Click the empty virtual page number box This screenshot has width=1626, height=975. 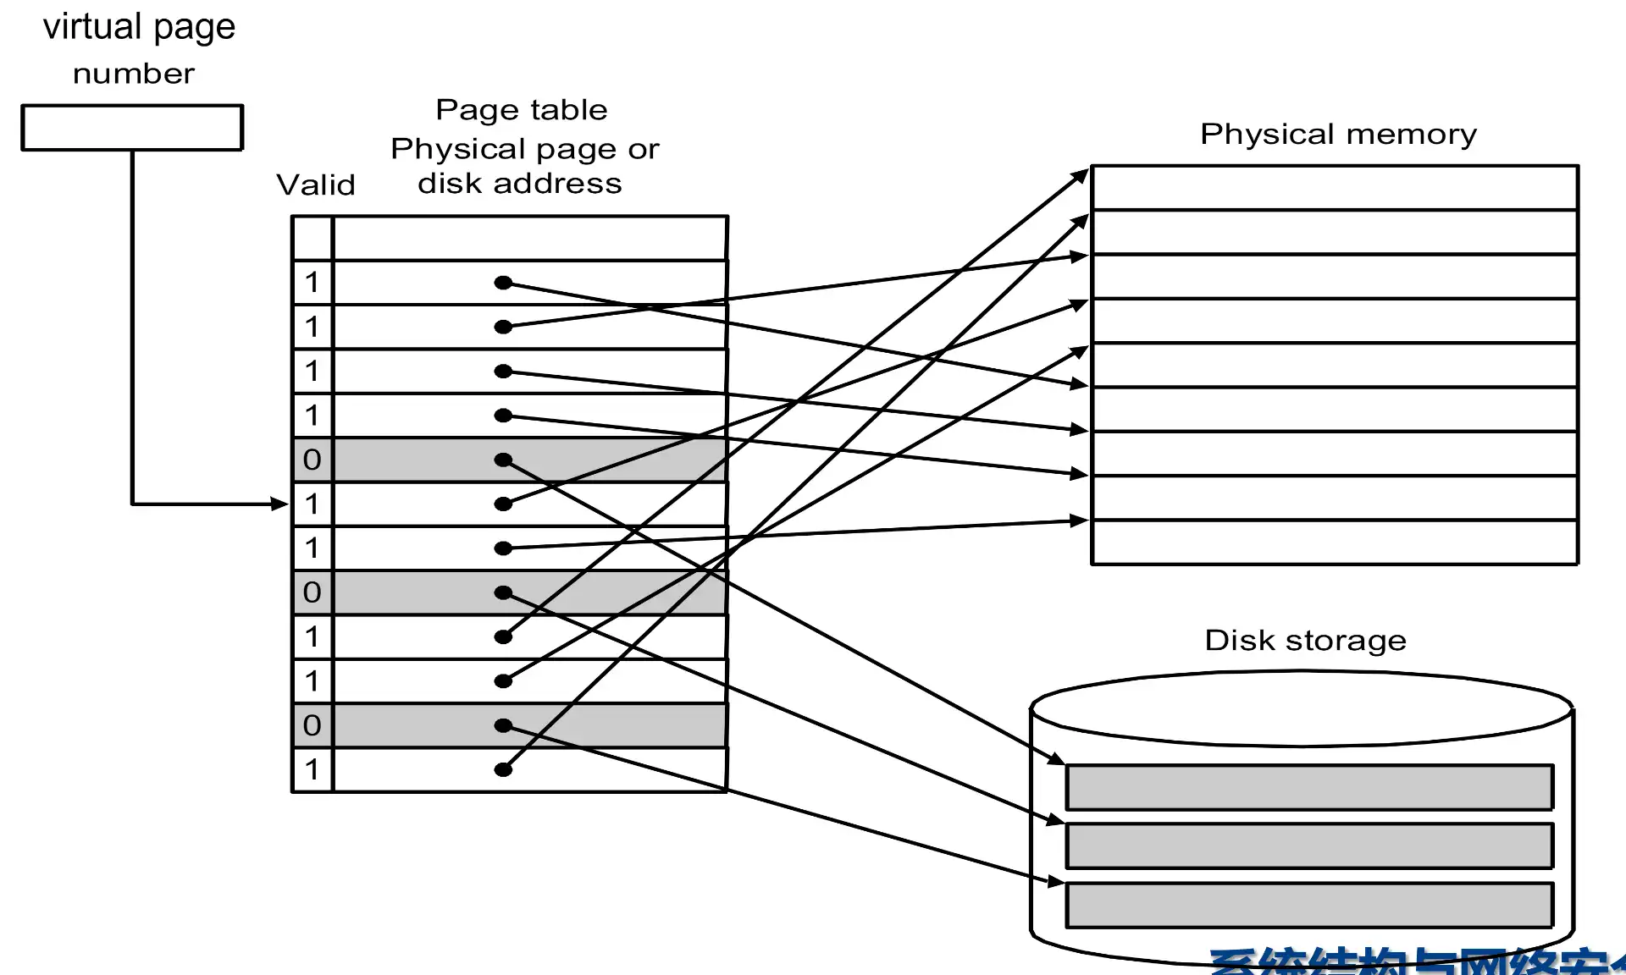[132, 128]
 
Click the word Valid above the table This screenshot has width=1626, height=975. [315, 185]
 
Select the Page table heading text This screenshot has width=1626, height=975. [521, 110]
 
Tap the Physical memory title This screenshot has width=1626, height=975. [1338, 134]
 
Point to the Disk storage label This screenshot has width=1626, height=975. [1305, 640]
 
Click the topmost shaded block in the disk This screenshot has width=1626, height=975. [1308, 787]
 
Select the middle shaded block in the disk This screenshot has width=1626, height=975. [1308, 846]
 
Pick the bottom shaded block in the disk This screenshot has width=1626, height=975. [1308, 905]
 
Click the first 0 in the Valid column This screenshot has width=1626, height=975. [312, 460]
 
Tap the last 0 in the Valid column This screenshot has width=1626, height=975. [312, 724]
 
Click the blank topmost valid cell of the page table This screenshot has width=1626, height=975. [312, 238]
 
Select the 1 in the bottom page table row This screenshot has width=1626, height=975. [312, 769]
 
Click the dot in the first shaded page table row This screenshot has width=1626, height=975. [503, 460]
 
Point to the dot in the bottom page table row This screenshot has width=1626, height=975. [503, 769]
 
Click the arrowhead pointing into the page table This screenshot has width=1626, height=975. [280, 504]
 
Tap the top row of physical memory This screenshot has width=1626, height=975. [1334, 188]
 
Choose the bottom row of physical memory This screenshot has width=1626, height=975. [1334, 542]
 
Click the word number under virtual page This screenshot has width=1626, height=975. [134, 74]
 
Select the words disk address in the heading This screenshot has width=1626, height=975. [519, 184]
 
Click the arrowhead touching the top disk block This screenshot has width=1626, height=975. [1056, 758]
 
